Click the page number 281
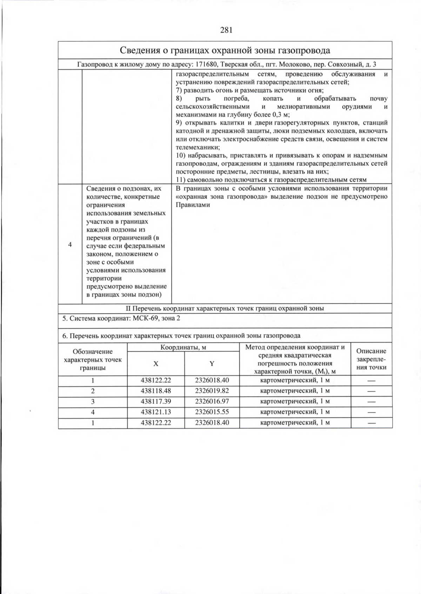[226, 30]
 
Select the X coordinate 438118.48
[156, 391]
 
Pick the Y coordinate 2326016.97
[212, 401]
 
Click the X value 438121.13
[156, 412]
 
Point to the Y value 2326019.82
[212, 391]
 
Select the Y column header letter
[212, 363]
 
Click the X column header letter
[156, 363]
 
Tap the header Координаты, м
[183, 347]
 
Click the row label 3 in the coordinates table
[93, 401]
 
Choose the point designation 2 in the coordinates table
[93, 391]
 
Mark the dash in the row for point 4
[371, 412]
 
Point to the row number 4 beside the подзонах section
[70, 244]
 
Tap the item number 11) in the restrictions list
[180, 180]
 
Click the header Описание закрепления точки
[371, 359]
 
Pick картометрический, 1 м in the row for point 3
[295, 401]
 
